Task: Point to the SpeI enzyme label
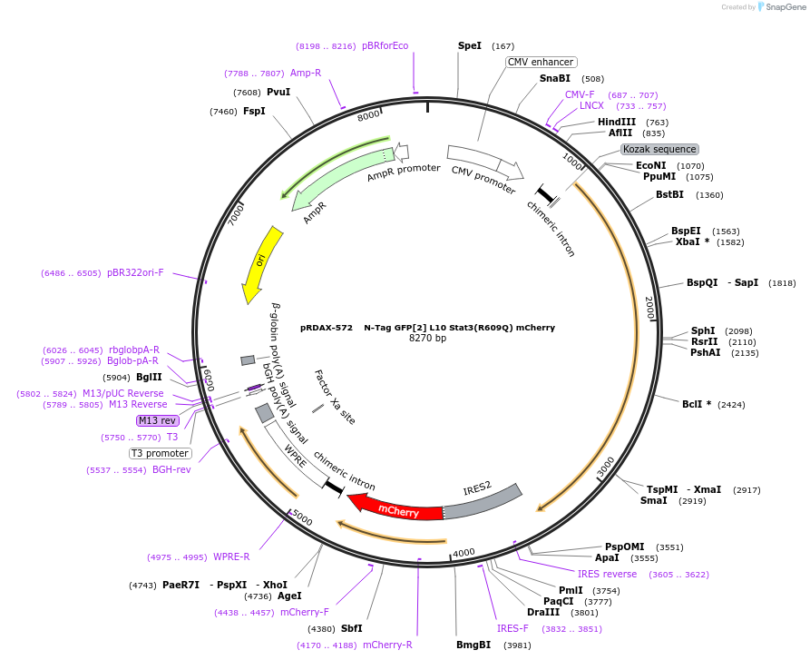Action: point(470,45)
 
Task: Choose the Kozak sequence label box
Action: point(659,149)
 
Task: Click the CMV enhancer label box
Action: point(540,62)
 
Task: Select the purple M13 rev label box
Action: point(157,420)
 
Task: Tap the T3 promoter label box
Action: point(161,453)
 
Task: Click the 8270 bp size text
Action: point(427,339)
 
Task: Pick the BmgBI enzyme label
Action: point(473,645)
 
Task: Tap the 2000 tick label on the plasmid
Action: point(649,307)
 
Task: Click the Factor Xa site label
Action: point(334,397)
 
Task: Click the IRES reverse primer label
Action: point(607,574)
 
